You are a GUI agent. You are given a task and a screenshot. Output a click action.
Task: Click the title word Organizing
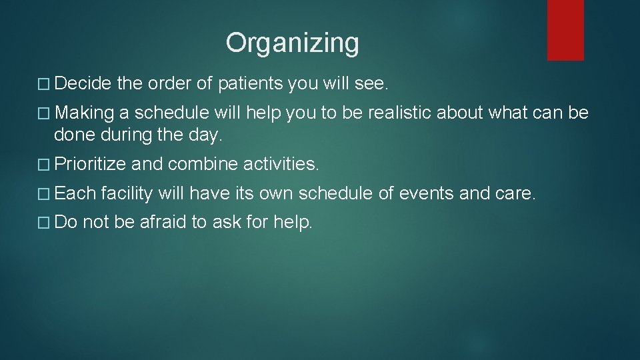pyautogui.click(x=292, y=43)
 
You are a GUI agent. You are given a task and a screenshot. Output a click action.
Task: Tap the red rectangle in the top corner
pyautogui.click(x=565, y=29)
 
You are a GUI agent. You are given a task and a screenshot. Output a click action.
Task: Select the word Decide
pyautogui.click(x=83, y=84)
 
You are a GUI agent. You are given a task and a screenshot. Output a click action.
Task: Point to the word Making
pyautogui.click(x=83, y=113)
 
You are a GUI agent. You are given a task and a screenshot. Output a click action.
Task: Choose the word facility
pyautogui.click(x=127, y=193)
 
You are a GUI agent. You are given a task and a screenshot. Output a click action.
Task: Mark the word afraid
pyautogui.click(x=163, y=223)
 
